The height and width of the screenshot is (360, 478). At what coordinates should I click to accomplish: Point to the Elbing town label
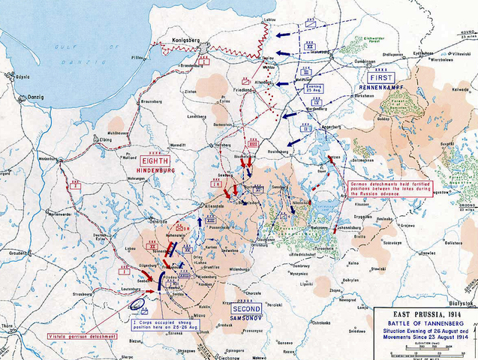[105, 139]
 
